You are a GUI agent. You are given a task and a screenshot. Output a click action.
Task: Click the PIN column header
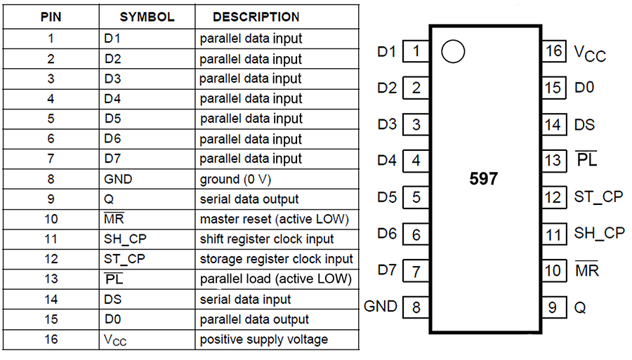click(x=51, y=17)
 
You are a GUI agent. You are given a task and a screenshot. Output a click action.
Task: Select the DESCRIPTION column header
click(x=256, y=17)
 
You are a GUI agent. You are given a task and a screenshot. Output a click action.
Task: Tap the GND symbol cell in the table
click(x=118, y=179)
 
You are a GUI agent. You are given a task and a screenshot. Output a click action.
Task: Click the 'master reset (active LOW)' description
click(x=274, y=219)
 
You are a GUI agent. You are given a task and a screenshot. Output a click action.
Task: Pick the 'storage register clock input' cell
click(x=276, y=259)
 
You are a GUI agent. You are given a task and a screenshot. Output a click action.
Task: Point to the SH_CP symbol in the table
click(x=125, y=239)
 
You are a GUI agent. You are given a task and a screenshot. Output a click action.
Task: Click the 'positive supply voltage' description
click(x=263, y=340)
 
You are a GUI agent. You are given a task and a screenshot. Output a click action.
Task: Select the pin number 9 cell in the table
click(x=51, y=199)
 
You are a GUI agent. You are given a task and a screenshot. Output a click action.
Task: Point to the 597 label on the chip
click(x=484, y=178)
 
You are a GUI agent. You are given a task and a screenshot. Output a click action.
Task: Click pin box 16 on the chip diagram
click(x=554, y=51)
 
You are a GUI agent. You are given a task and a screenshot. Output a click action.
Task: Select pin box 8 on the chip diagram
click(x=416, y=307)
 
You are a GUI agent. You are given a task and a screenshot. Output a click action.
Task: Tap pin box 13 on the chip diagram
click(x=554, y=161)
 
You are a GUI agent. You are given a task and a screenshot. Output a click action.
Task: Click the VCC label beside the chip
click(x=590, y=53)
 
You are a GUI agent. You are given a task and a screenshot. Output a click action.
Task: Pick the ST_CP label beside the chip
click(x=598, y=197)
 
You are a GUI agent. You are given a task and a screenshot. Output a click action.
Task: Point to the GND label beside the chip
click(x=380, y=307)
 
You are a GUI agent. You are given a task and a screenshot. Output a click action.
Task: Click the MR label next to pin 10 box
click(x=587, y=269)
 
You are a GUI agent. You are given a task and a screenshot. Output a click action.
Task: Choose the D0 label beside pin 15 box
click(x=584, y=88)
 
